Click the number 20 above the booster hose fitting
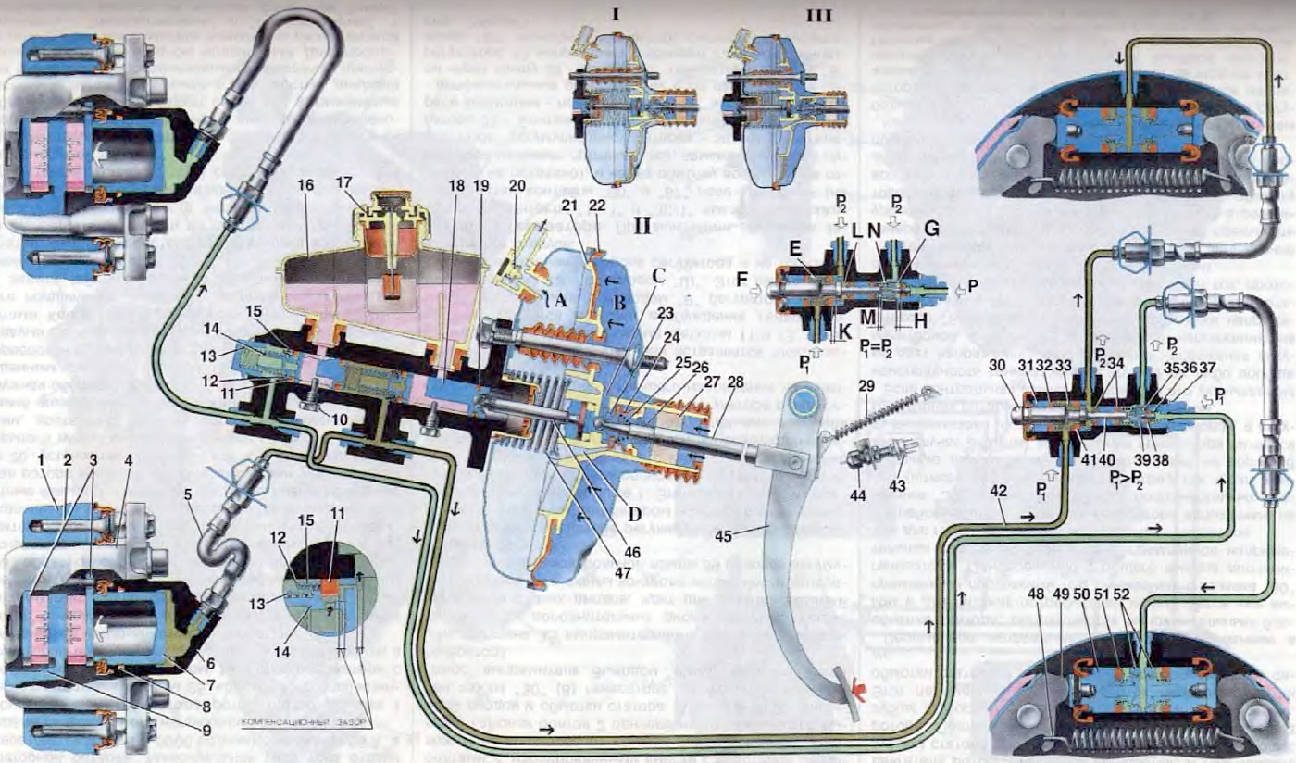tap(517, 185)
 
